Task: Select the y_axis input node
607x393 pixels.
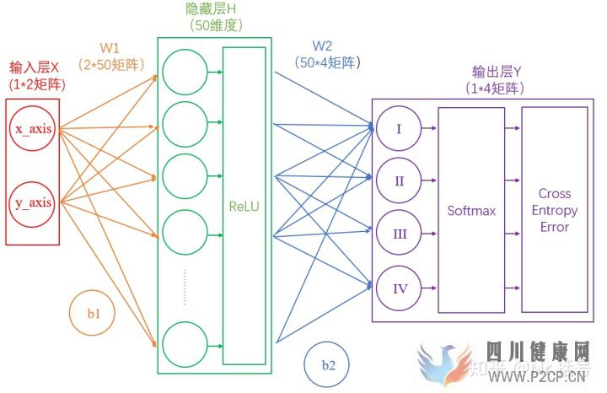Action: (x=32, y=202)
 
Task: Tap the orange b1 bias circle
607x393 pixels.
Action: (x=94, y=314)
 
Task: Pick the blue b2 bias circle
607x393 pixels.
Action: (x=328, y=365)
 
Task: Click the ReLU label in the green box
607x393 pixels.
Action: (x=243, y=205)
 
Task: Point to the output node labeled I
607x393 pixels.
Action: (x=400, y=129)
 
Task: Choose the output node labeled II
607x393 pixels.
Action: (x=400, y=180)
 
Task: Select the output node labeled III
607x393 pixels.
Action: (x=400, y=234)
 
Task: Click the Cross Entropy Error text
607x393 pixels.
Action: (x=553, y=210)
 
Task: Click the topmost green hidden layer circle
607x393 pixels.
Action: (x=184, y=73)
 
